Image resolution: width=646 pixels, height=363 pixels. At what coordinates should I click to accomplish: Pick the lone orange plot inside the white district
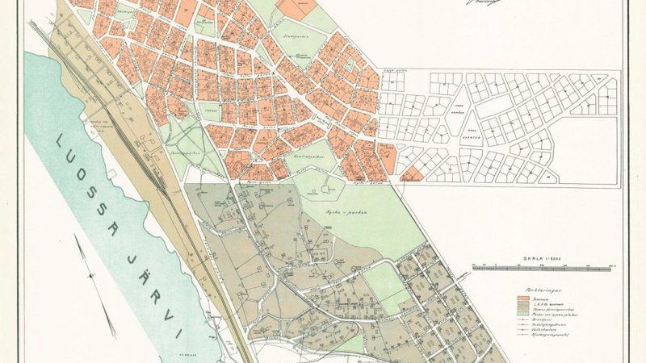click(x=412, y=173)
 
